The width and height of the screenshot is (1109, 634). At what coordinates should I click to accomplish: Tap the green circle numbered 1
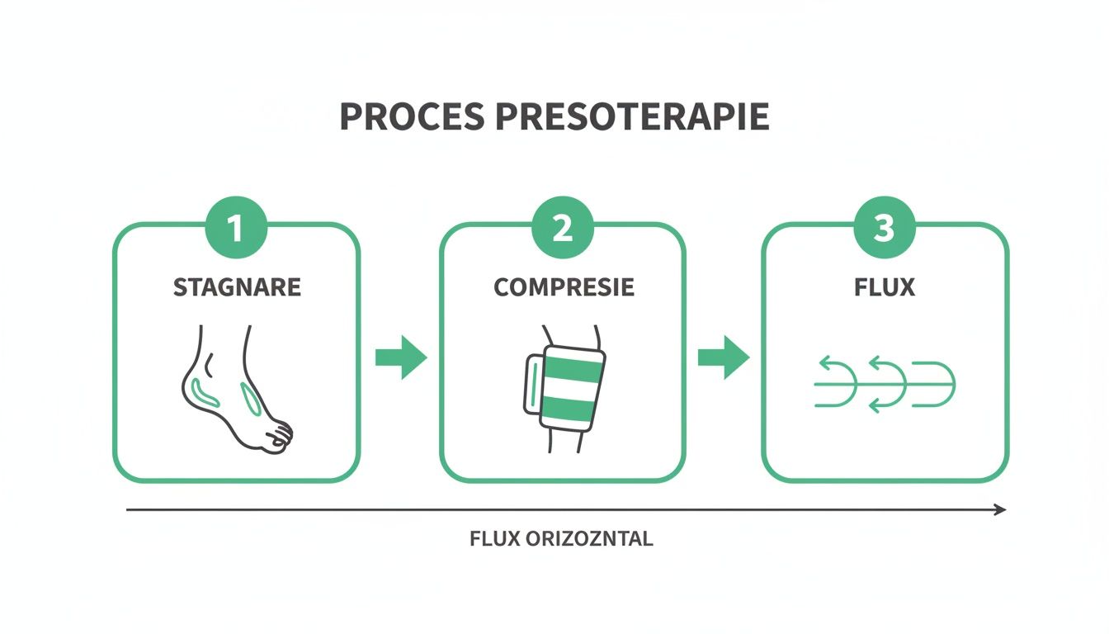click(236, 229)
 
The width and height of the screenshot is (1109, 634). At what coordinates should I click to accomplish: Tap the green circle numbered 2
click(563, 229)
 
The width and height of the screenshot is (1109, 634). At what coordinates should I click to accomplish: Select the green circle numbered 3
click(885, 229)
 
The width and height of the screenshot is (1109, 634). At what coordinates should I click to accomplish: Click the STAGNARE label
click(237, 287)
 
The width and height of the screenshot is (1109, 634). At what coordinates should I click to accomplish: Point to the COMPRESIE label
click(564, 287)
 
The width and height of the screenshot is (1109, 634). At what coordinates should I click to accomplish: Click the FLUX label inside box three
click(885, 287)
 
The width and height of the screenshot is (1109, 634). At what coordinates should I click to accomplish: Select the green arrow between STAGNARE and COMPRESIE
click(401, 357)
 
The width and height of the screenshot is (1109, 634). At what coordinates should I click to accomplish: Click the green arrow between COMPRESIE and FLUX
click(724, 357)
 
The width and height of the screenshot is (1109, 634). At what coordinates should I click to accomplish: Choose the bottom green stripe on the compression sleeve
click(569, 407)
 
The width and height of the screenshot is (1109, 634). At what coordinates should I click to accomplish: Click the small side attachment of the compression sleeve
click(532, 384)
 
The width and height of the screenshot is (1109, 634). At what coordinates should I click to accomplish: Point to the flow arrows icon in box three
click(885, 384)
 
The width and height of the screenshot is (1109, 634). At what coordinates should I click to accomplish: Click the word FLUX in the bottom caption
click(493, 540)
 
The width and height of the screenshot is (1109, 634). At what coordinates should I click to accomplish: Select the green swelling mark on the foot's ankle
click(203, 391)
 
